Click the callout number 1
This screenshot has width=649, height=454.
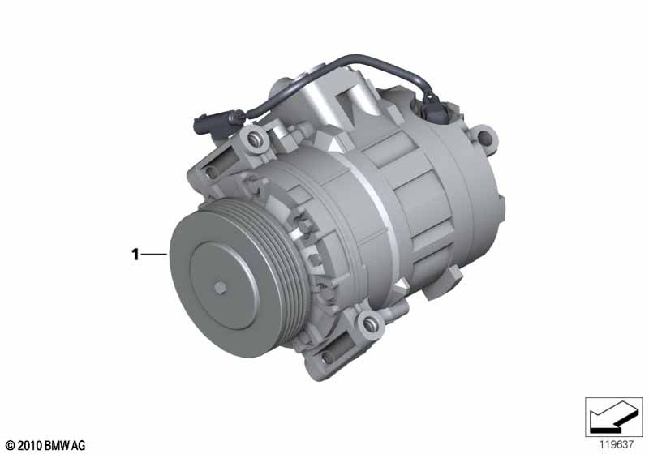pos(135,254)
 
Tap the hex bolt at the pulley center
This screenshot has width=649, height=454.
pos(220,288)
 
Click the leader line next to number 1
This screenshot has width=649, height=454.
pos(155,254)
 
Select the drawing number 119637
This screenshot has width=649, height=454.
pos(617,444)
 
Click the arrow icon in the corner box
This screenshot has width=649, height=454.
pos(613,416)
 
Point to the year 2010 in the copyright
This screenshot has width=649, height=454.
pos(29,446)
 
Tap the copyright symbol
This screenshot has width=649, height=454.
pos(11,446)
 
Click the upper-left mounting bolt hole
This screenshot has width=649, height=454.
pos(253,139)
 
